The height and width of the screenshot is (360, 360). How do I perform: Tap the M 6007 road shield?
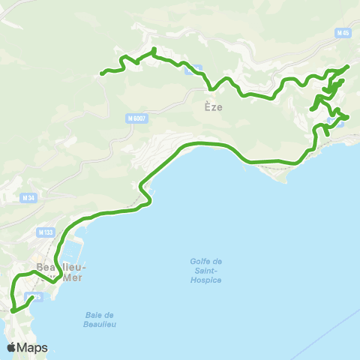136,118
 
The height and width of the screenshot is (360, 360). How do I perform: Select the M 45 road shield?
343,34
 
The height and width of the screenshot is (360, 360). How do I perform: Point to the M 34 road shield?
28,198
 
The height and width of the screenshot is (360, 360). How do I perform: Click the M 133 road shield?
45,233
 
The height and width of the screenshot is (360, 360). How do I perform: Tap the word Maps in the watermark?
33,347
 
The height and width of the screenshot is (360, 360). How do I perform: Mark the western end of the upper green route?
102,73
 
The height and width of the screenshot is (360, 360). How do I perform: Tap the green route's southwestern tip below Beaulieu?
13,310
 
